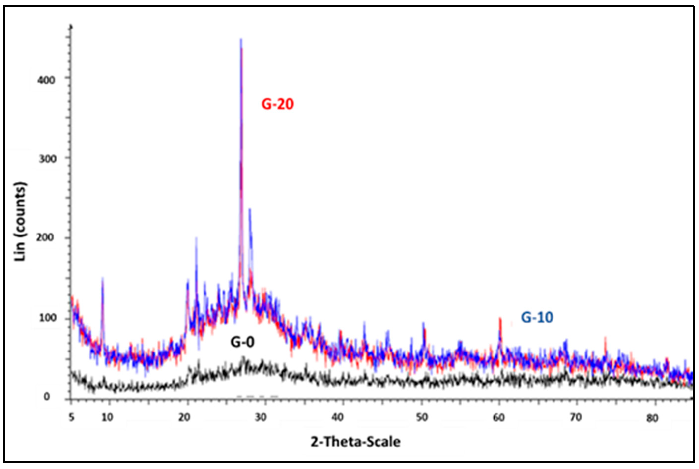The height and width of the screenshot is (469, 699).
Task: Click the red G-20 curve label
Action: click(278, 104)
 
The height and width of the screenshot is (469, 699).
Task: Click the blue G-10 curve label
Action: click(537, 317)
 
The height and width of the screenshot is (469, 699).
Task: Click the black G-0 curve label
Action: click(242, 342)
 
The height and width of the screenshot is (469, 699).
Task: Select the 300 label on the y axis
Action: click(48, 159)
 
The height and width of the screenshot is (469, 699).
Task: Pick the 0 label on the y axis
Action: click(47, 397)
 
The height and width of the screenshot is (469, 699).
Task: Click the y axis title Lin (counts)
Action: click(20, 221)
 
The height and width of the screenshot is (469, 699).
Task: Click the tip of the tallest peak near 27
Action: click(241, 39)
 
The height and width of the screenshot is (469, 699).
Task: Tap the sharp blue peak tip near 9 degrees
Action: click(103, 278)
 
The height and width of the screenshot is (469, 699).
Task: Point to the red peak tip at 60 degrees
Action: click(500, 318)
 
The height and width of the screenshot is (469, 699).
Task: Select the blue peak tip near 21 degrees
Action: click(196, 238)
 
